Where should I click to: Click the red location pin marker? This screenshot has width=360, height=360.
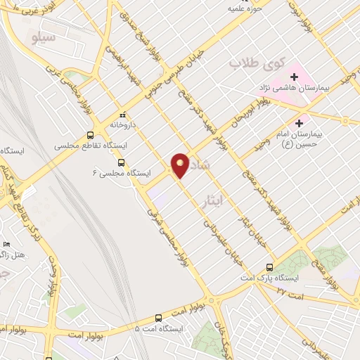coord(181,164)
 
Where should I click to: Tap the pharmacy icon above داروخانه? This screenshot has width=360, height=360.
coord(122,114)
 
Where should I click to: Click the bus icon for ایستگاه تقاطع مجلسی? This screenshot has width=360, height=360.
coord(90,135)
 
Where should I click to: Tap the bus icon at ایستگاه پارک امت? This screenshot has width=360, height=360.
coord(269,267)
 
